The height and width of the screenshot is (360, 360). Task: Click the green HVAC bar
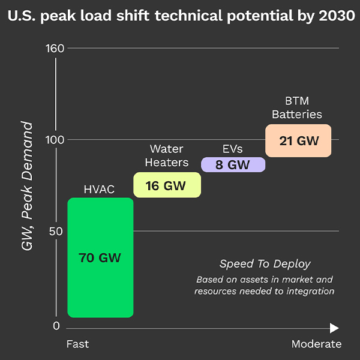coord(100,258)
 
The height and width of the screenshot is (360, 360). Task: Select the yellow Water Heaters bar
coord(167,185)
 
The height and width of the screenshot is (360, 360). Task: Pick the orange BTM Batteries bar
coord(298,141)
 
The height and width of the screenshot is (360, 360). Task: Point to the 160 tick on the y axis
coord(55,48)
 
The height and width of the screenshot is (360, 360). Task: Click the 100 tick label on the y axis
coord(55,140)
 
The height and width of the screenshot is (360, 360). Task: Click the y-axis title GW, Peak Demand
coord(27,186)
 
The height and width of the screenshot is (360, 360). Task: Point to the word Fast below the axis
coord(77,344)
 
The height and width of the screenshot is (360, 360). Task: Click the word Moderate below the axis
coord(316,344)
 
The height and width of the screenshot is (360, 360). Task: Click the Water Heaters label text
coord(166,155)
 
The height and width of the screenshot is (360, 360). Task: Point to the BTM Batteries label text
coord(297,107)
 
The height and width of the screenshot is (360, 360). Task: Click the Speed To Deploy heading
coord(265,264)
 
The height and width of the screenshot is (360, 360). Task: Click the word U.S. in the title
coord(22,15)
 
